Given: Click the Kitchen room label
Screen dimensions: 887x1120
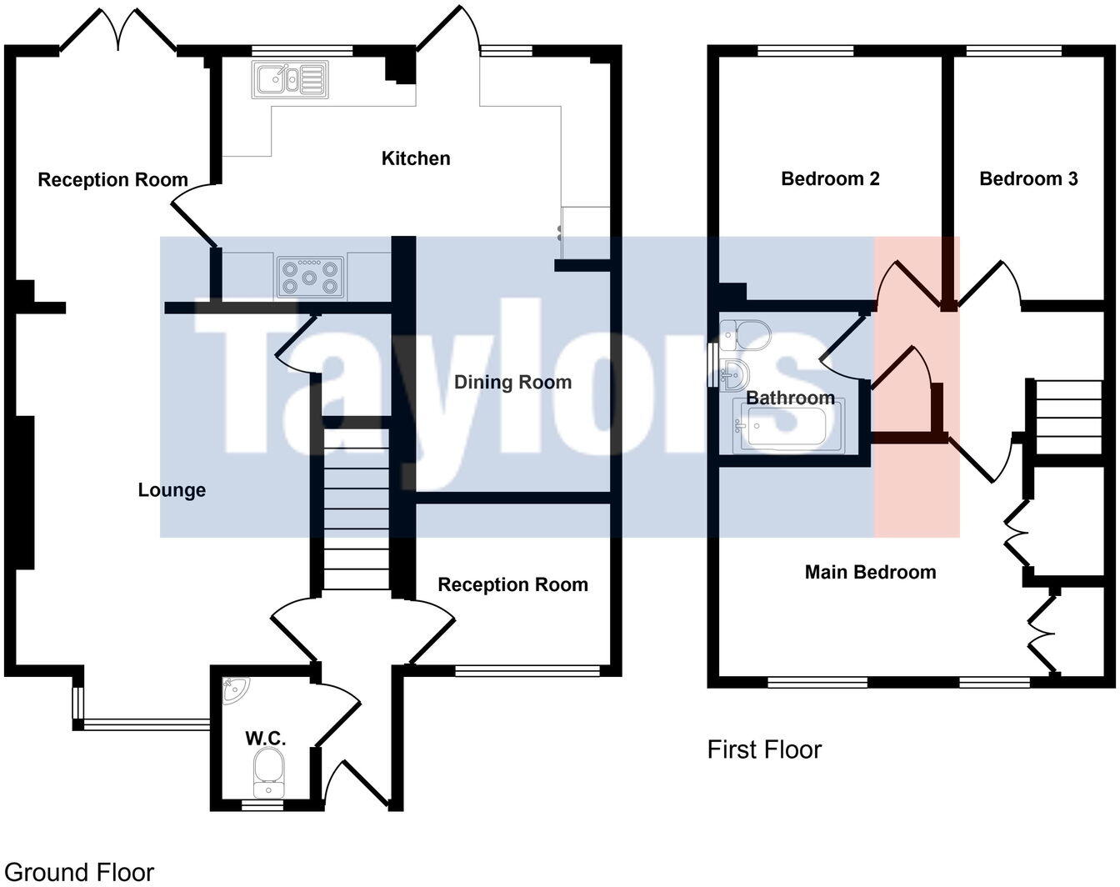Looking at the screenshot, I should pos(415,158).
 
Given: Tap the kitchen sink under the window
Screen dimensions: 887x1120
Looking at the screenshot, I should pos(289,80).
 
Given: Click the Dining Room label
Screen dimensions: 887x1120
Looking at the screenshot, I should pos(512,383).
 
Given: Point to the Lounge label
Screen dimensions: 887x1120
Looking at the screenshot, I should pos(172,490).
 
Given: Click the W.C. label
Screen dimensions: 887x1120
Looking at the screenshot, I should pos(266,738).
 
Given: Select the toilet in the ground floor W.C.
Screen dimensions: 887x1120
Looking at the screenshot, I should pos(268,770).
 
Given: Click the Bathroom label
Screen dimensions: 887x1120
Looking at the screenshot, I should pos(789,398).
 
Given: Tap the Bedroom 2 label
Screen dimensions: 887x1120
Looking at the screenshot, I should pos(830,178).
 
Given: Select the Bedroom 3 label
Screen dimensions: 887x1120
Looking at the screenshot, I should pos(1028,178).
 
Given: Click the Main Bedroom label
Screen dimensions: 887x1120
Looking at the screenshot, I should pos(870,572).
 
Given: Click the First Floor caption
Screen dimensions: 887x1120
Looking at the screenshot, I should pos(764,749).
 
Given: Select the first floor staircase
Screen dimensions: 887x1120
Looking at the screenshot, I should pos(1067,417).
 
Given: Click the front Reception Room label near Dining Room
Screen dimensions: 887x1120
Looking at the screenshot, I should pos(512,585).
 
